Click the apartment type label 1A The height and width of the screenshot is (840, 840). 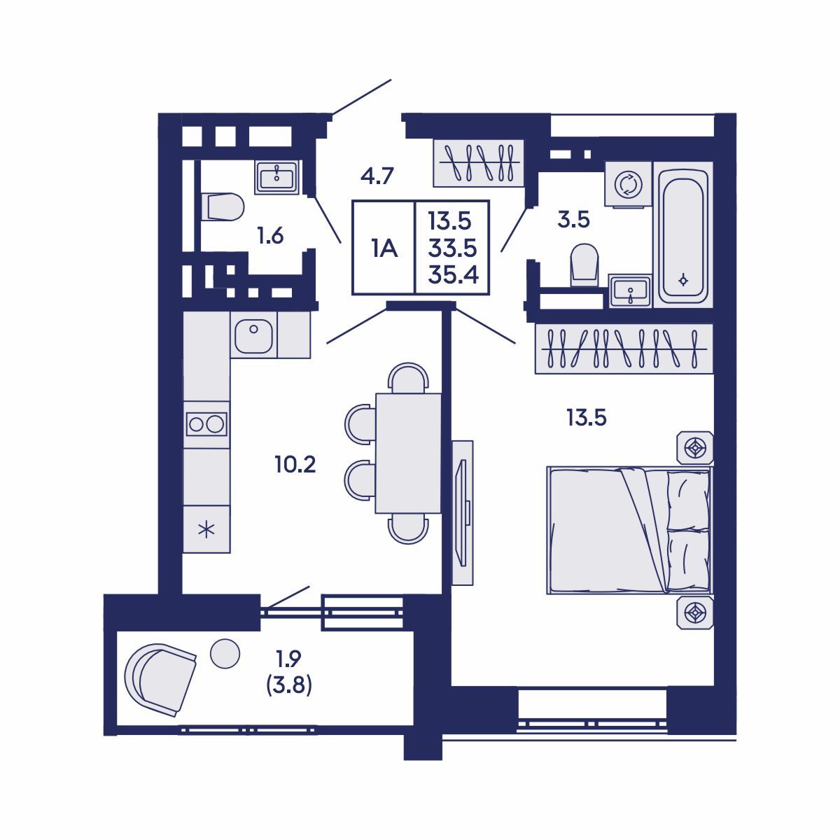[384, 248]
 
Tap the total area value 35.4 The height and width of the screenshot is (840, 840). [453, 275]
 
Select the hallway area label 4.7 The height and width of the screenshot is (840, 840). [379, 176]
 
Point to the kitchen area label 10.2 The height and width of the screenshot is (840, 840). [295, 464]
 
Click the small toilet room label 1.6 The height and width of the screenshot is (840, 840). [269, 237]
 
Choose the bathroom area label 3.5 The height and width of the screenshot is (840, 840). [573, 220]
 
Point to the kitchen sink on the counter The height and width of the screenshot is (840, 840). [253, 335]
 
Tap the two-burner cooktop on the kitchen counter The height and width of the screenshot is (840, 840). [206, 423]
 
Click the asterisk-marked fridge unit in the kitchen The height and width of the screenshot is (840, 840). [206, 529]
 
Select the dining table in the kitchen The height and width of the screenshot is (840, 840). [408, 454]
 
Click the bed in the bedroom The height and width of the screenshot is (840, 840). [629, 531]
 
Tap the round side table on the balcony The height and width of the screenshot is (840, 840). [225, 653]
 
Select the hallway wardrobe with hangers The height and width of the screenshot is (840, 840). [477, 164]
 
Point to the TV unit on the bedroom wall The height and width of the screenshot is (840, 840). [461, 512]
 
